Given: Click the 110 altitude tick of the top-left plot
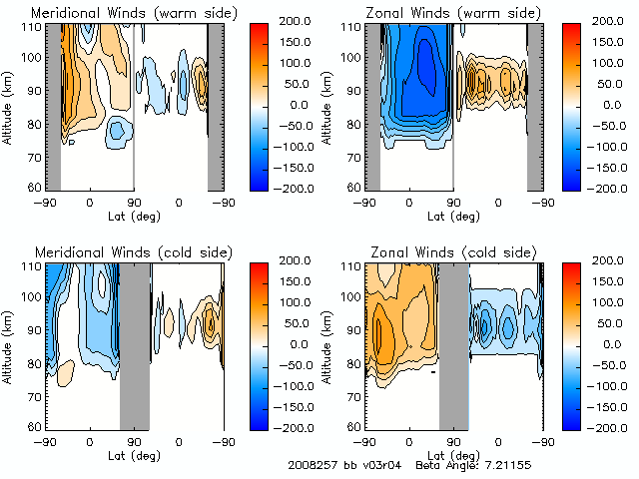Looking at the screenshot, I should click(34, 26).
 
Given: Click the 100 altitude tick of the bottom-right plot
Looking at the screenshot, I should click(353, 296).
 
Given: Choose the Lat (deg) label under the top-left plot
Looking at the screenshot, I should click(133, 216).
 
